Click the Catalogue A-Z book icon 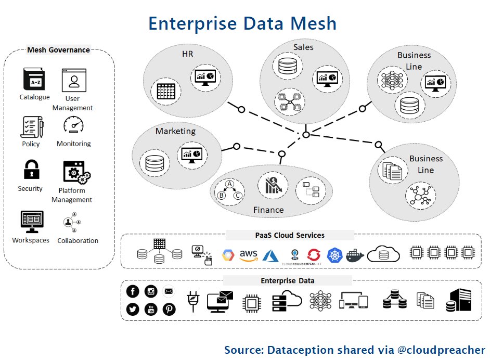pos(34,80)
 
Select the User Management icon pos(74,80)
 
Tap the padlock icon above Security pos(31,170)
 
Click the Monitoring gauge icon pos(73,125)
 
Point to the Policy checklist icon pos(31,126)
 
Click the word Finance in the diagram pos(268,210)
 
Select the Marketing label pos(175,131)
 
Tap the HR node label pos(187,54)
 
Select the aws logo pos(249,254)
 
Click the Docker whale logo pos(355,255)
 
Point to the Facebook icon pos(133,292)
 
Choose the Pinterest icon pos(169,309)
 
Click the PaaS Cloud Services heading pos(290,235)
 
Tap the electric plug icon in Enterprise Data pos(194,301)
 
